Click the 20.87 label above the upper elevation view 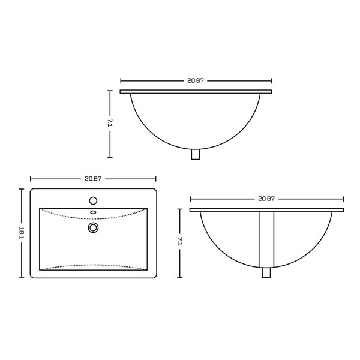click(x=196, y=80)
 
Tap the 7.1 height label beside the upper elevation click(x=110, y=124)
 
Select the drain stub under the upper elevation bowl click(x=195, y=155)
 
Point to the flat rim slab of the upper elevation click(x=196, y=92)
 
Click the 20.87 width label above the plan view click(x=93, y=178)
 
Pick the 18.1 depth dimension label click(x=21, y=233)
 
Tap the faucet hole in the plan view click(x=93, y=200)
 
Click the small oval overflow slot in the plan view click(x=93, y=212)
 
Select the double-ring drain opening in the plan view click(x=92, y=227)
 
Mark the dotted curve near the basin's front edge click(x=93, y=265)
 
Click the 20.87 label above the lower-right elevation click(x=266, y=198)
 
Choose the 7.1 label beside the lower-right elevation click(x=179, y=242)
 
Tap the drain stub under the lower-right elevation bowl click(x=266, y=273)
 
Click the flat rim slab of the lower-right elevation click(x=266, y=209)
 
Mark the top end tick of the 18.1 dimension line click(x=21, y=188)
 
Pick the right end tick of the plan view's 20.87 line click(x=156, y=178)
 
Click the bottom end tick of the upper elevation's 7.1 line click(x=110, y=157)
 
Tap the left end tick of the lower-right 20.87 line click(x=190, y=198)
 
